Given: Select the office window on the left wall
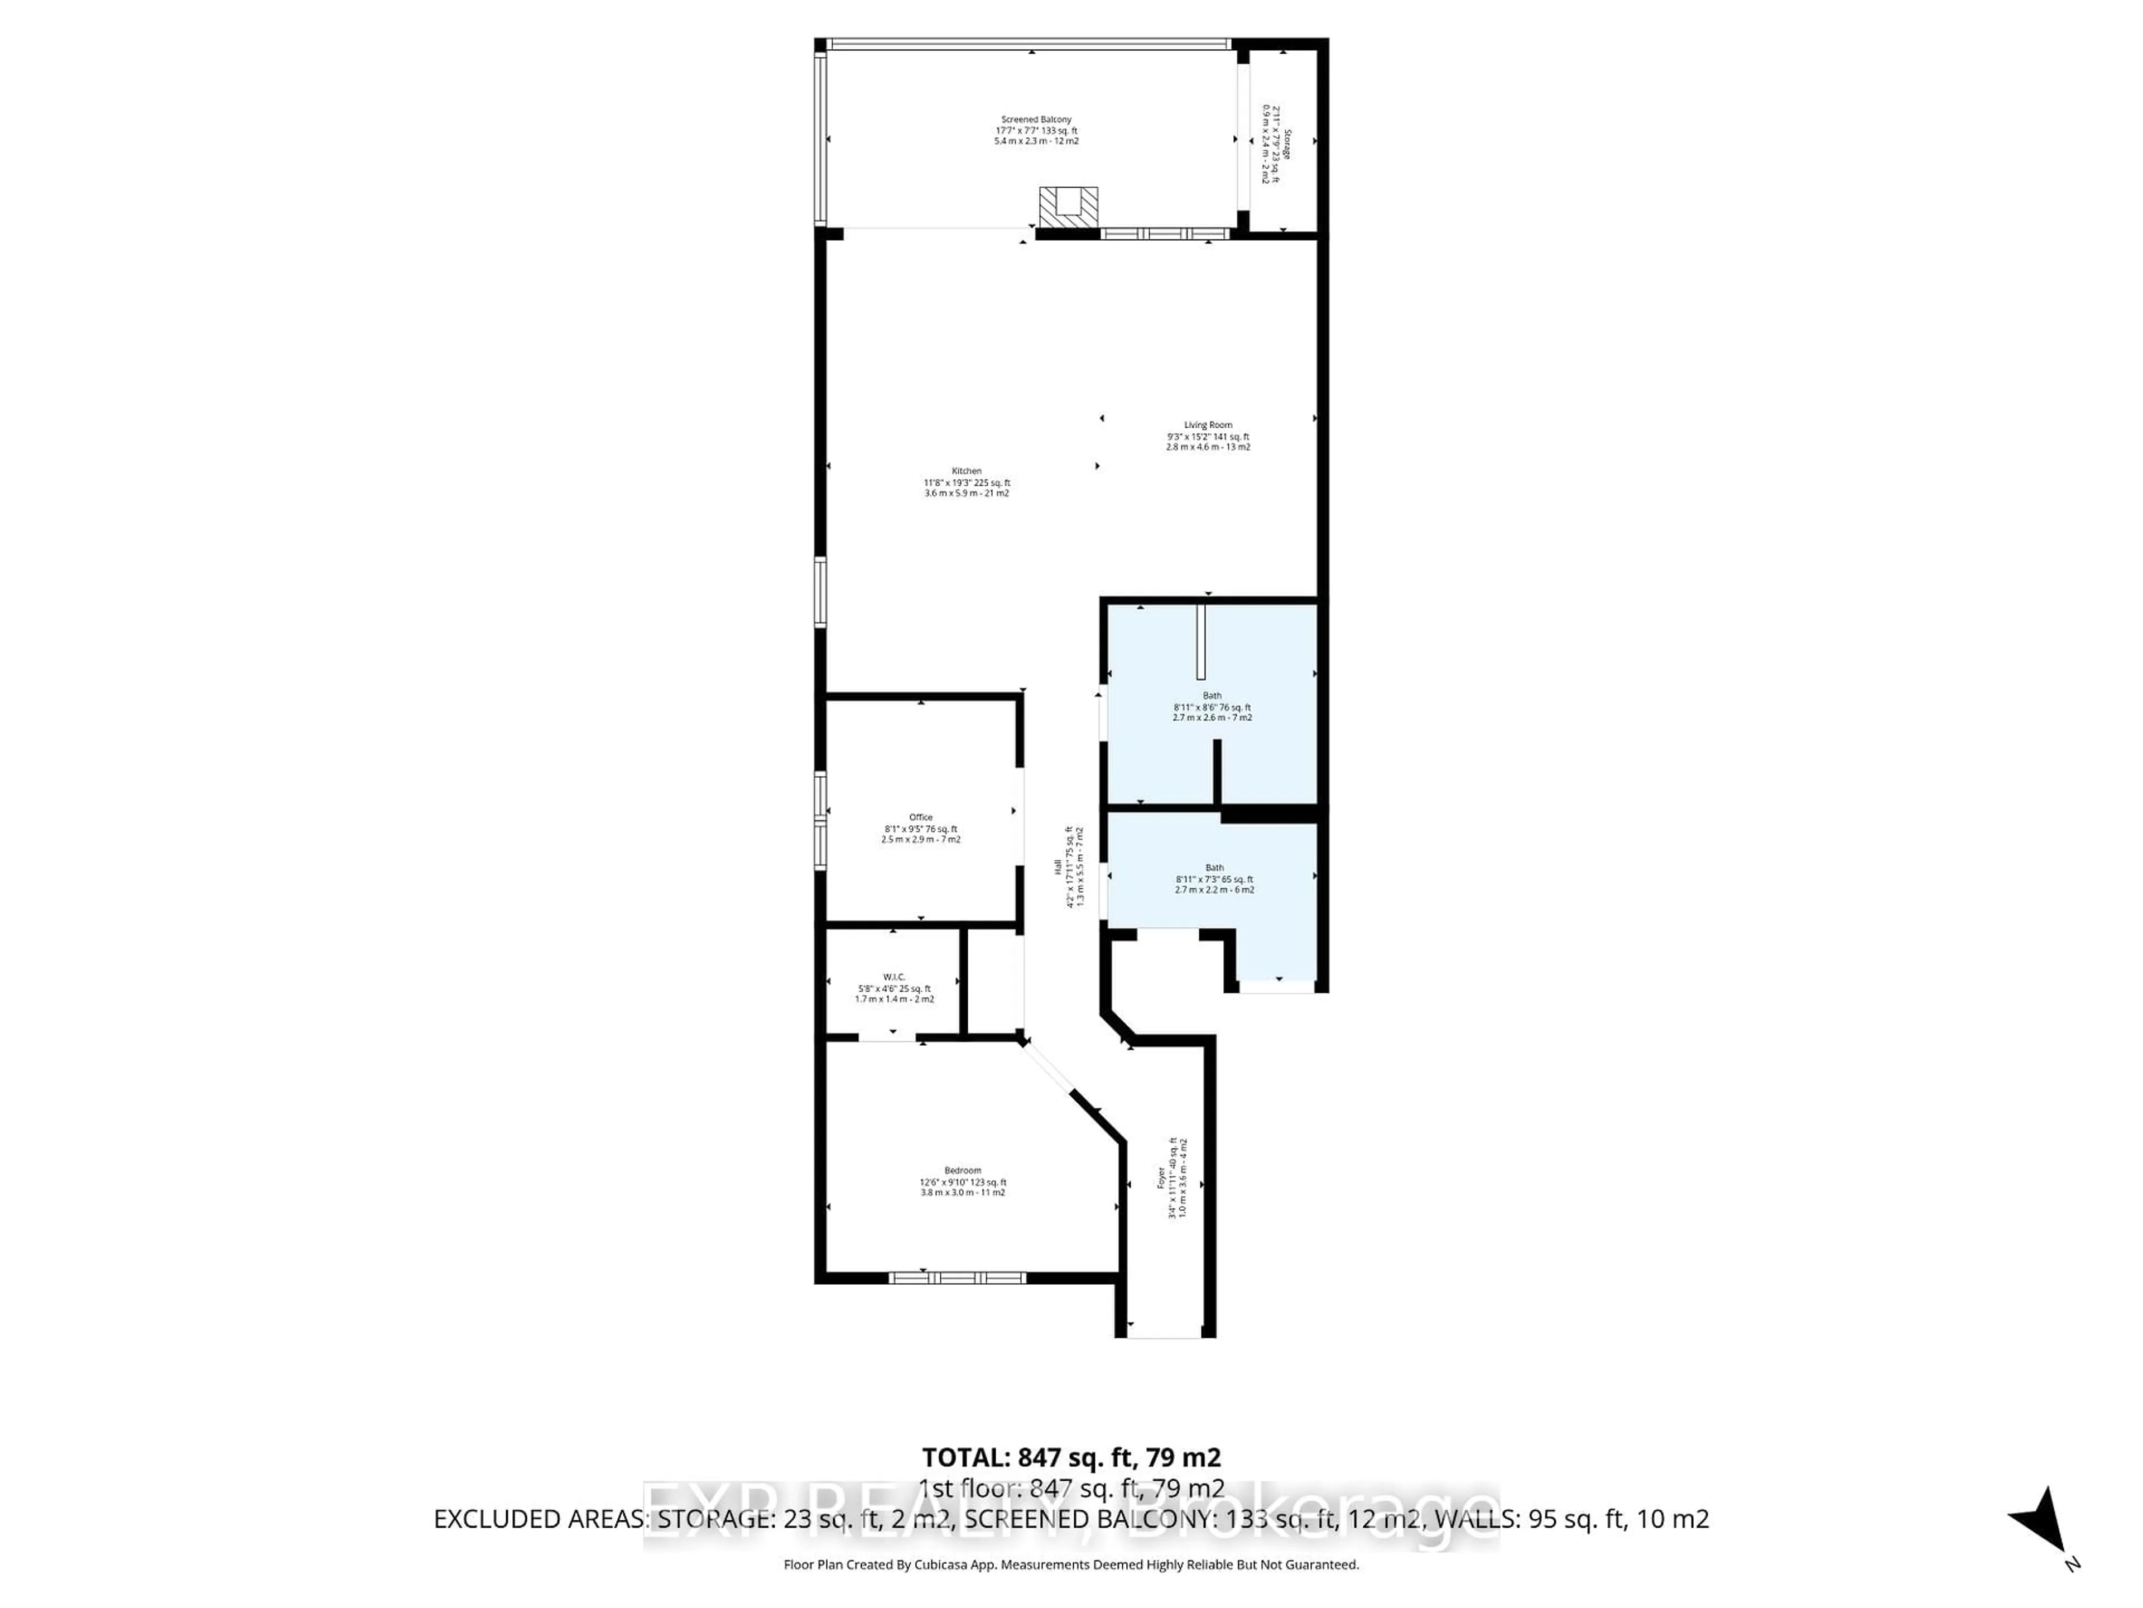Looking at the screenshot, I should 820,819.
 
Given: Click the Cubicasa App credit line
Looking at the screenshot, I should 1070,1564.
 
